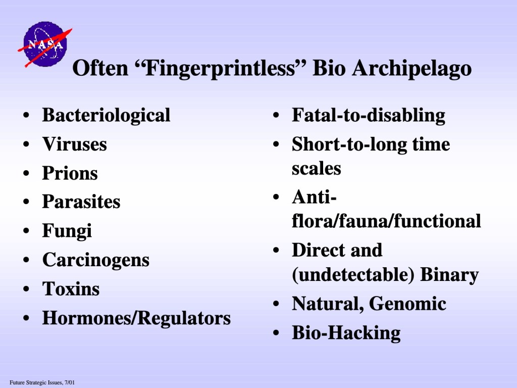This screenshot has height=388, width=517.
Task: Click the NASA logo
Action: coord(45,44)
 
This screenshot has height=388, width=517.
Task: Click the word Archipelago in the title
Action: coord(411,69)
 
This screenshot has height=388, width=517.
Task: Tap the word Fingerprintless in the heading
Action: coord(221,69)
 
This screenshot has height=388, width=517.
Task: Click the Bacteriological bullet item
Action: coord(106,116)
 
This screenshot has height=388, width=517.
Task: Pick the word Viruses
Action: coord(75,144)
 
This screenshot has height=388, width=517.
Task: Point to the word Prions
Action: coord(70,173)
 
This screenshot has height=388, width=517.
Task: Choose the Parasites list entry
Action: coord(81,202)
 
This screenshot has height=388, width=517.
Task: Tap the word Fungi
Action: coord(67,231)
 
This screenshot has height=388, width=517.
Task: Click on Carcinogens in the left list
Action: coord(96,260)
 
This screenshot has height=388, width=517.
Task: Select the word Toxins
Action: coord(71,288)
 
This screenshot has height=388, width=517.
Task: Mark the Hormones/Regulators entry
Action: coord(136,318)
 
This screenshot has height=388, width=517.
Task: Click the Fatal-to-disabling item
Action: coord(368,116)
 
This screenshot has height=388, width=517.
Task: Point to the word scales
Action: coord(316,169)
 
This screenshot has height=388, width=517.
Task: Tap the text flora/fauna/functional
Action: coord(386,221)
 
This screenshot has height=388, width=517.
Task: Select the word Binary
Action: coord(449,275)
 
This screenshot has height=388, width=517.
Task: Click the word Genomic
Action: coord(407,304)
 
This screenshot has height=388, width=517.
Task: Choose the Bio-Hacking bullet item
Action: coord(346,333)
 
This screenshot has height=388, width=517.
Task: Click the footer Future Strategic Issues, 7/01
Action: coord(42,383)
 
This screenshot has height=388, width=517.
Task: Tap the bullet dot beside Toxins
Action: coord(26,289)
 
